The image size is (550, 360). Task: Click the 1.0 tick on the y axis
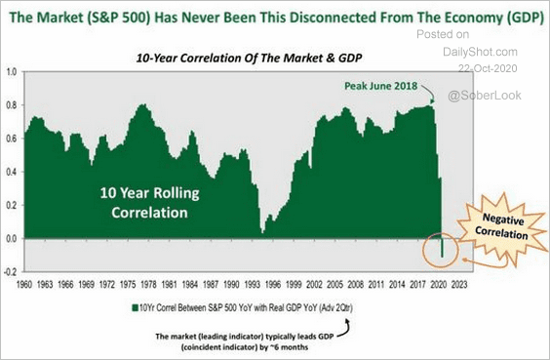(x=11, y=72)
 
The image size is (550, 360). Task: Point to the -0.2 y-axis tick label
(x=11, y=271)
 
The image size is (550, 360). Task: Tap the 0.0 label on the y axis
(x=11, y=238)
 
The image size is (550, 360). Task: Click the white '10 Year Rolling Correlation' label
(x=143, y=201)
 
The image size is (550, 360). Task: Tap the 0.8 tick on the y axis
(x=11, y=105)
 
